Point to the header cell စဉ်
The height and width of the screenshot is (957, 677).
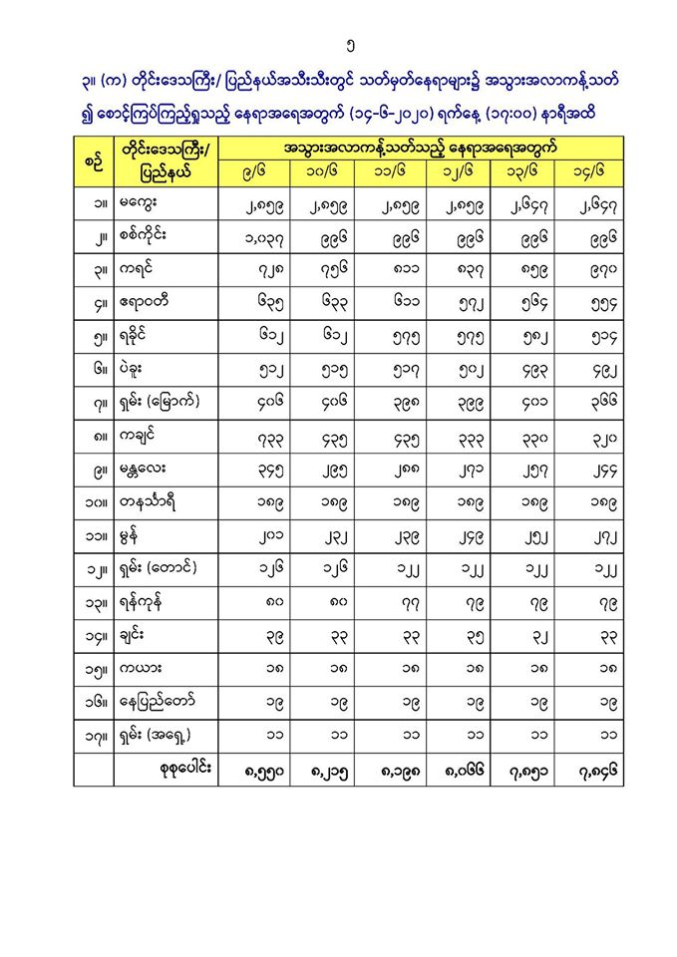(x=93, y=159)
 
